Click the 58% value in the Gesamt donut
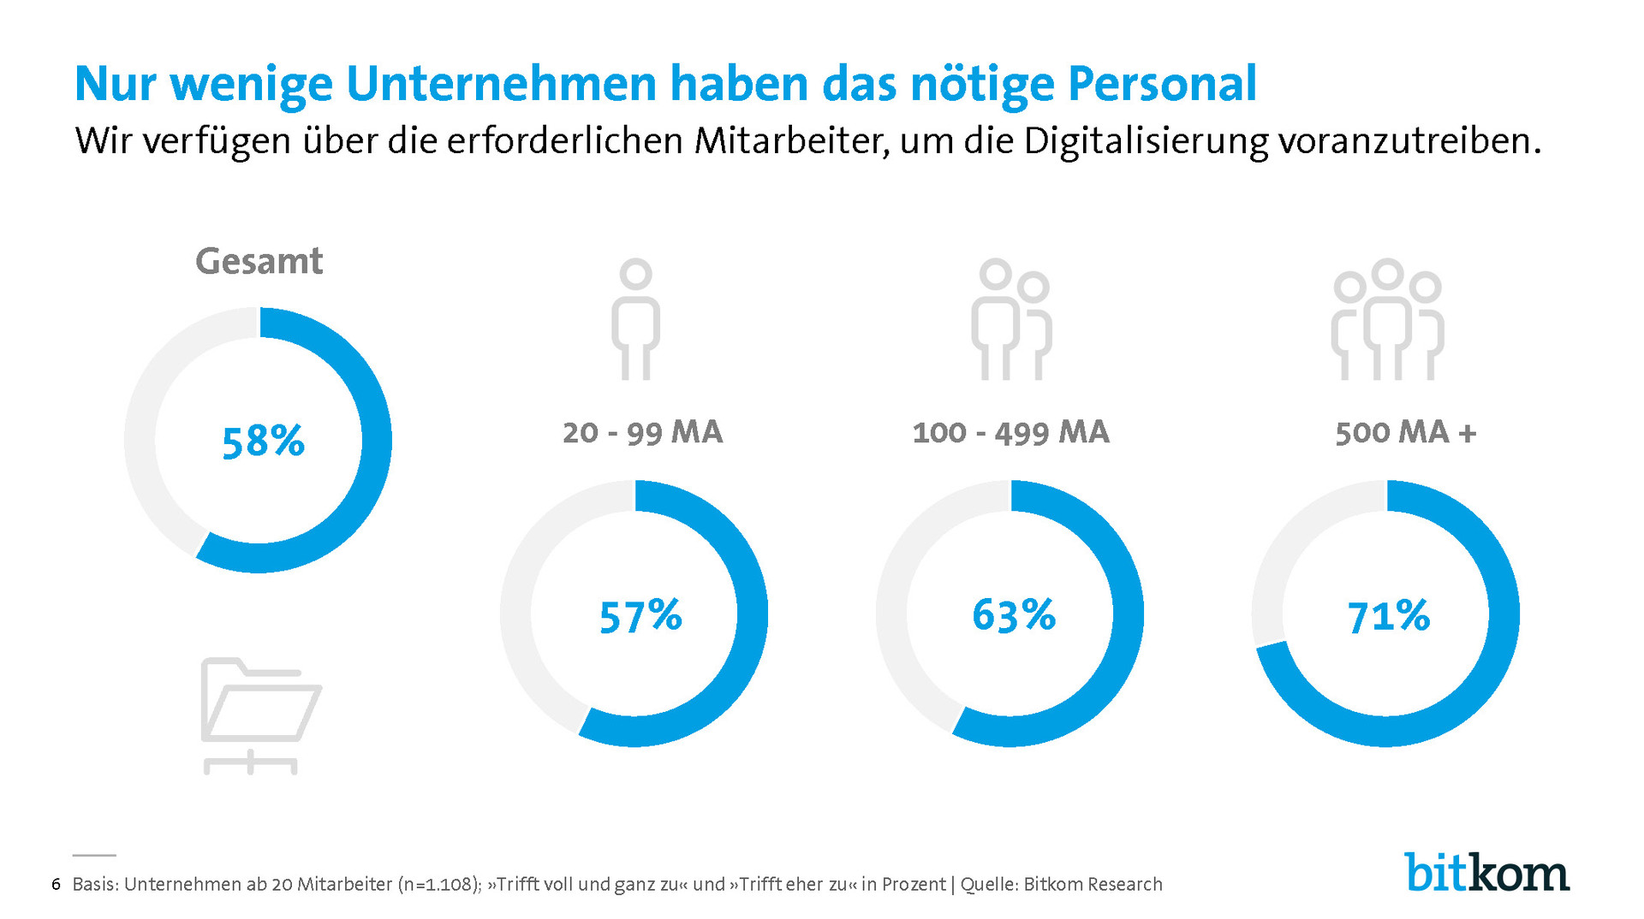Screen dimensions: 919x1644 pos(263,442)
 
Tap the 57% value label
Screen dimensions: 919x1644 pos(640,616)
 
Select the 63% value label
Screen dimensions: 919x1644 pos(1014,615)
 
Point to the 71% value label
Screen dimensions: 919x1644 pos(1388,616)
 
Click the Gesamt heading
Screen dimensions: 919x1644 pos(259,261)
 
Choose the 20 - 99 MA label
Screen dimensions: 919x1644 pos(642,432)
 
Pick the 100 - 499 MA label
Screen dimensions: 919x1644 pos(1010,432)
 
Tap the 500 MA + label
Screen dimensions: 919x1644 pos(1406,432)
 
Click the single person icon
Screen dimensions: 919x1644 pos(635,319)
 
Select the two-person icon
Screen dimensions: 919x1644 pos(1011,319)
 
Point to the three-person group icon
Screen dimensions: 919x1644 pos(1387,319)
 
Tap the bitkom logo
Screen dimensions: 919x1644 pos(1486,873)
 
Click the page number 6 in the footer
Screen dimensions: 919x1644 pos(56,884)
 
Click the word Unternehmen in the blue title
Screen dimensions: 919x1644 pos(503,84)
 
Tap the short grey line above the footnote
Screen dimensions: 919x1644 pos(94,855)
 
